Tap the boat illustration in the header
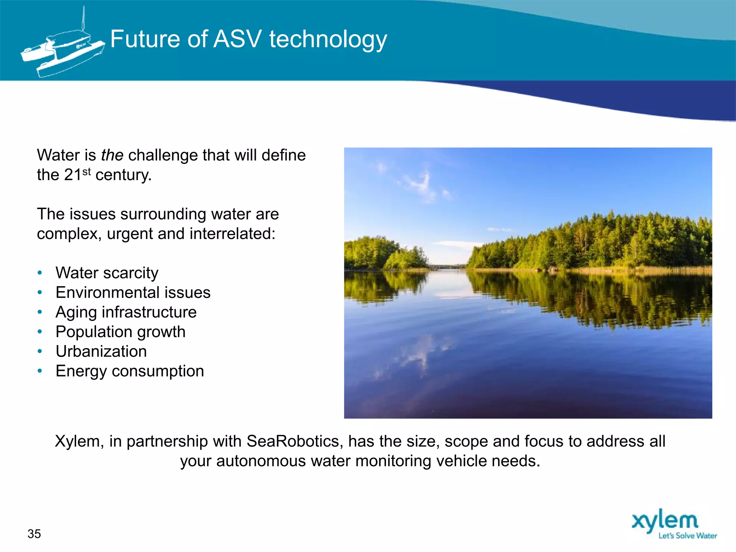click(x=63, y=52)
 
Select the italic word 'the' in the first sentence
click(x=112, y=155)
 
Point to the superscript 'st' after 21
click(x=87, y=171)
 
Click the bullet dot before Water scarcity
click(x=40, y=273)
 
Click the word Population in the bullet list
click(x=94, y=332)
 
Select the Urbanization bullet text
click(x=101, y=351)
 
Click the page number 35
click(x=34, y=534)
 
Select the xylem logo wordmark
click(x=665, y=521)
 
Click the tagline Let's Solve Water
click(x=687, y=536)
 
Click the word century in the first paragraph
click(x=123, y=175)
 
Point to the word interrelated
click(x=233, y=234)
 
